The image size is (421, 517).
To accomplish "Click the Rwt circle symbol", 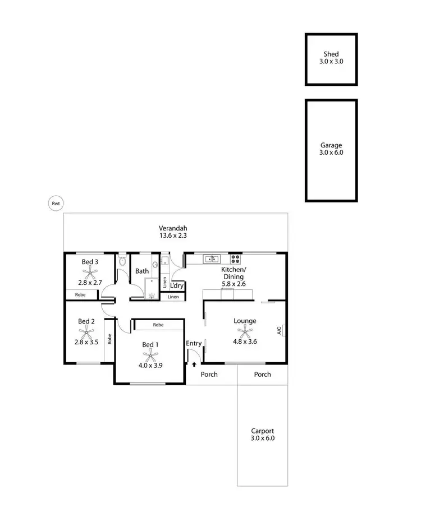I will (x=56, y=204).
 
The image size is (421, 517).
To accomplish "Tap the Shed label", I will (x=331, y=55).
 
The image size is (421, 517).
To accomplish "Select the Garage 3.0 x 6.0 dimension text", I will (x=331, y=153).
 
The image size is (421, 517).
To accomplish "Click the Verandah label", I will (x=172, y=228).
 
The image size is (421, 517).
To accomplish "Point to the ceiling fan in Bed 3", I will (x=90, y=273).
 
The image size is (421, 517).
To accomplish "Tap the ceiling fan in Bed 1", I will (x=149, y=354).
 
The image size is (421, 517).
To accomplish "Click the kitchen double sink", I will (x=212, y=259).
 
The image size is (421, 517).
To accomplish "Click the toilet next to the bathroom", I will (x=123, y=261).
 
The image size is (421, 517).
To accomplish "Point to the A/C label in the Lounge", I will (x=278, y=331).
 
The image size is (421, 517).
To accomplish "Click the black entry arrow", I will (x=194, y=364).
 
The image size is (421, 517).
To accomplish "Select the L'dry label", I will (x=177, y=285).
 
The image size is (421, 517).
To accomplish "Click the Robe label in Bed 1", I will (x=158, y=325).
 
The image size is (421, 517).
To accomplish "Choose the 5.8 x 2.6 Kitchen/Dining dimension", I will (x=234, y=284).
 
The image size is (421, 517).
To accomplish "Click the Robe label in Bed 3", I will (x=80, y=294).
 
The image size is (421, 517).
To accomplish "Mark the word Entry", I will (x=194, y=343).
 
